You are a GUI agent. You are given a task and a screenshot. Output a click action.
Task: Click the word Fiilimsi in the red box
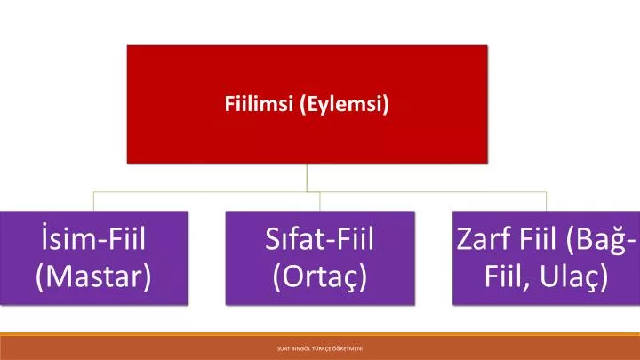point(259,105)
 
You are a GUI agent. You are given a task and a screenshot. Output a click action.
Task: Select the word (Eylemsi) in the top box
point(345,105)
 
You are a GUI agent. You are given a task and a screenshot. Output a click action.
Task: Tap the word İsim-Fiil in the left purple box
point(93,239)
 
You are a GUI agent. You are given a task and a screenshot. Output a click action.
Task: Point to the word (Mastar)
point(93,276)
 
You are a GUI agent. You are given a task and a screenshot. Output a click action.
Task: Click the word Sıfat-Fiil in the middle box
point(320,239)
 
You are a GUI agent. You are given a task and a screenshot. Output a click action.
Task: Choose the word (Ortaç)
point(320,276)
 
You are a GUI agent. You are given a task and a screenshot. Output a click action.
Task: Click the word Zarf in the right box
point(484,239)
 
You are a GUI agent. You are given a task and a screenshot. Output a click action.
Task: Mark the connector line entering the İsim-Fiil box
point(93,200)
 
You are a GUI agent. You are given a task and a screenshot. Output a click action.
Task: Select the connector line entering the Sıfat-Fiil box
point(320,200)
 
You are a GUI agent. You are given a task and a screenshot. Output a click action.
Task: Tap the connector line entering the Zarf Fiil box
point(546,200)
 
